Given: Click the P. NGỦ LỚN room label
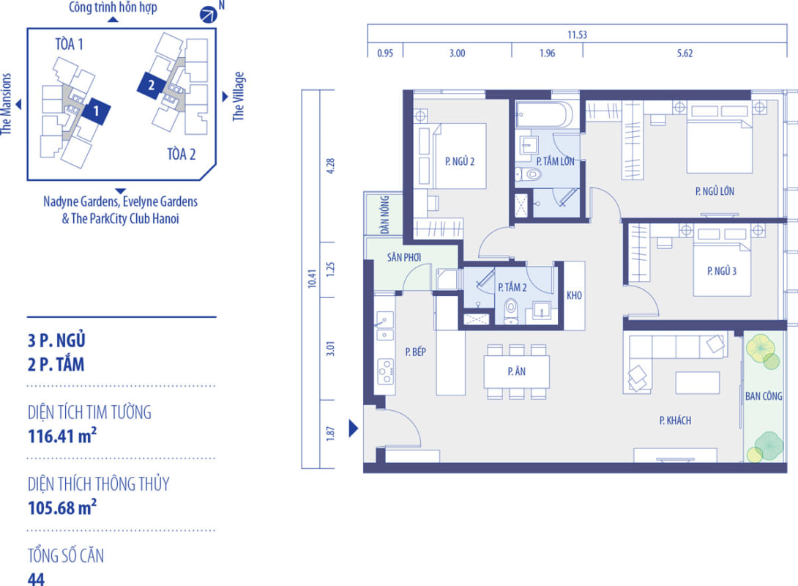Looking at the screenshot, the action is pyautogui.click(x=715, y=191).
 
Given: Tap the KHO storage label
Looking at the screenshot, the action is pyautogui.click(x=574, y=295).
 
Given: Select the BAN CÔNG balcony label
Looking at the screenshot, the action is pyautogui.click(x=764, y=396).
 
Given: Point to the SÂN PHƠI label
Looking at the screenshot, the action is pyautogui.click(x=403, y=257).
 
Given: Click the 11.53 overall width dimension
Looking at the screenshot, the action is pyautogui.click(x=577, y=34).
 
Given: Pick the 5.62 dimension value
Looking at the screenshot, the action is pyautogui.click(x=685, y=53).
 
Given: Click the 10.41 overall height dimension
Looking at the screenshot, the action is pyautogui.click(x=312, y=278).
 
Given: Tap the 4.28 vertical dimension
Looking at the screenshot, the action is pyautogui.click(x=330, y=166).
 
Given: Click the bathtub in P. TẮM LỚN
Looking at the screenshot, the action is pyautogui.click(x=544, y=114).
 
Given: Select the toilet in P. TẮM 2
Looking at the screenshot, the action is pyautogui.click(x=510, y=311).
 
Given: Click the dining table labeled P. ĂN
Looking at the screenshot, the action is pyautogui.click(x=517, y=371).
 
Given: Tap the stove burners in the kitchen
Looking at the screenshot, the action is pyautogui.click(x=385, y=371).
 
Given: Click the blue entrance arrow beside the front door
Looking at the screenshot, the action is pyautogui.click(x=354, y=429).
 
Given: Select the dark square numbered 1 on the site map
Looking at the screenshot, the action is pyautogui.click(x=96, y=111).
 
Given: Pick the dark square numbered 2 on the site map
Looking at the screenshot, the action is pyautogui.click(x=151, y=84).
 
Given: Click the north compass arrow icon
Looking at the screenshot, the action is pyautogui.click(x=208, y=14).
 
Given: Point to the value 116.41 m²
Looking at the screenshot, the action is pyautogui.click(x=62, y=437).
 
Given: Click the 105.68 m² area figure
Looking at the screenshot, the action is pyautogui.click(x=62, y=508).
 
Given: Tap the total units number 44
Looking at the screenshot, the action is pyautogui.click(x=36, y=579).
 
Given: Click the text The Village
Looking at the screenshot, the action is pyautogui.click(x=239, y=96).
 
